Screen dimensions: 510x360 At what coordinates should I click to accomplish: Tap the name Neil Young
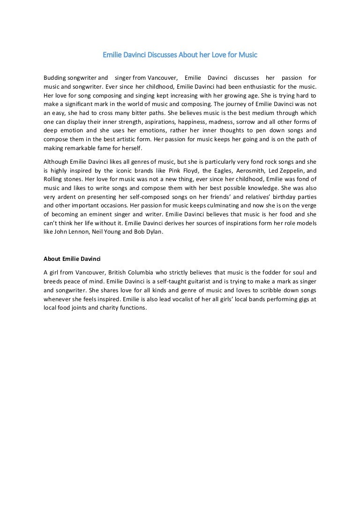[x=106, y=231]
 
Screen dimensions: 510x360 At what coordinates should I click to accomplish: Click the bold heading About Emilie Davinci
[x=72, y=258]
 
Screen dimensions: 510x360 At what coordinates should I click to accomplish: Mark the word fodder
[x=262, y=272]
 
